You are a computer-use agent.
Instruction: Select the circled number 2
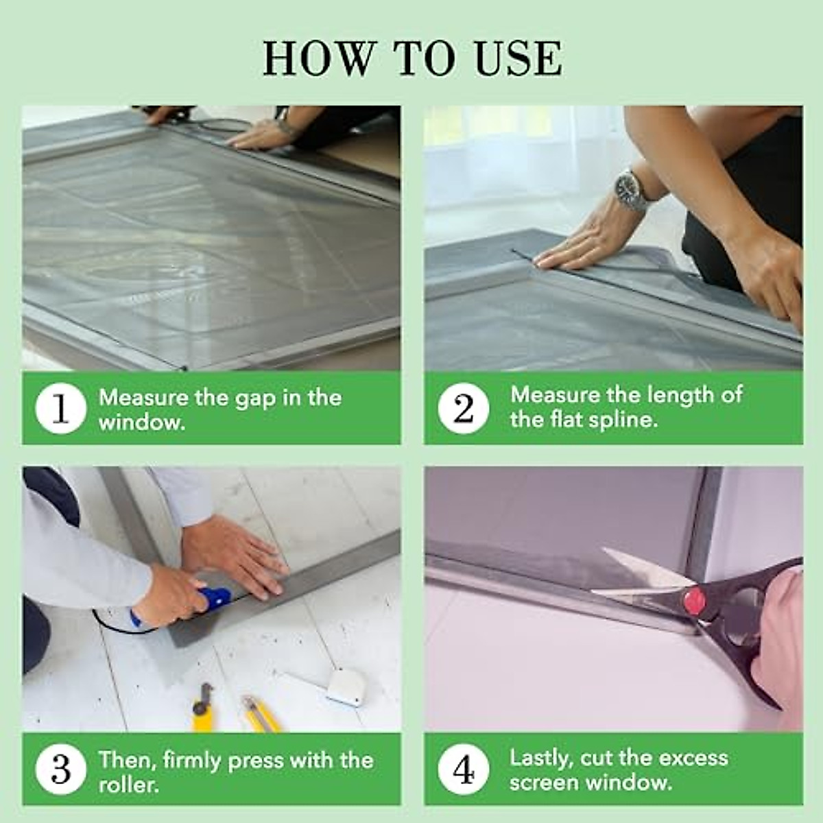464,409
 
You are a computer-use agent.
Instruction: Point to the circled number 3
60,770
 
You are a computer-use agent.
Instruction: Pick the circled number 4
464,770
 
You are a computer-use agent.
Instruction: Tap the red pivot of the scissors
695,601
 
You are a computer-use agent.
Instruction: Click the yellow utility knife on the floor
261,713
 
